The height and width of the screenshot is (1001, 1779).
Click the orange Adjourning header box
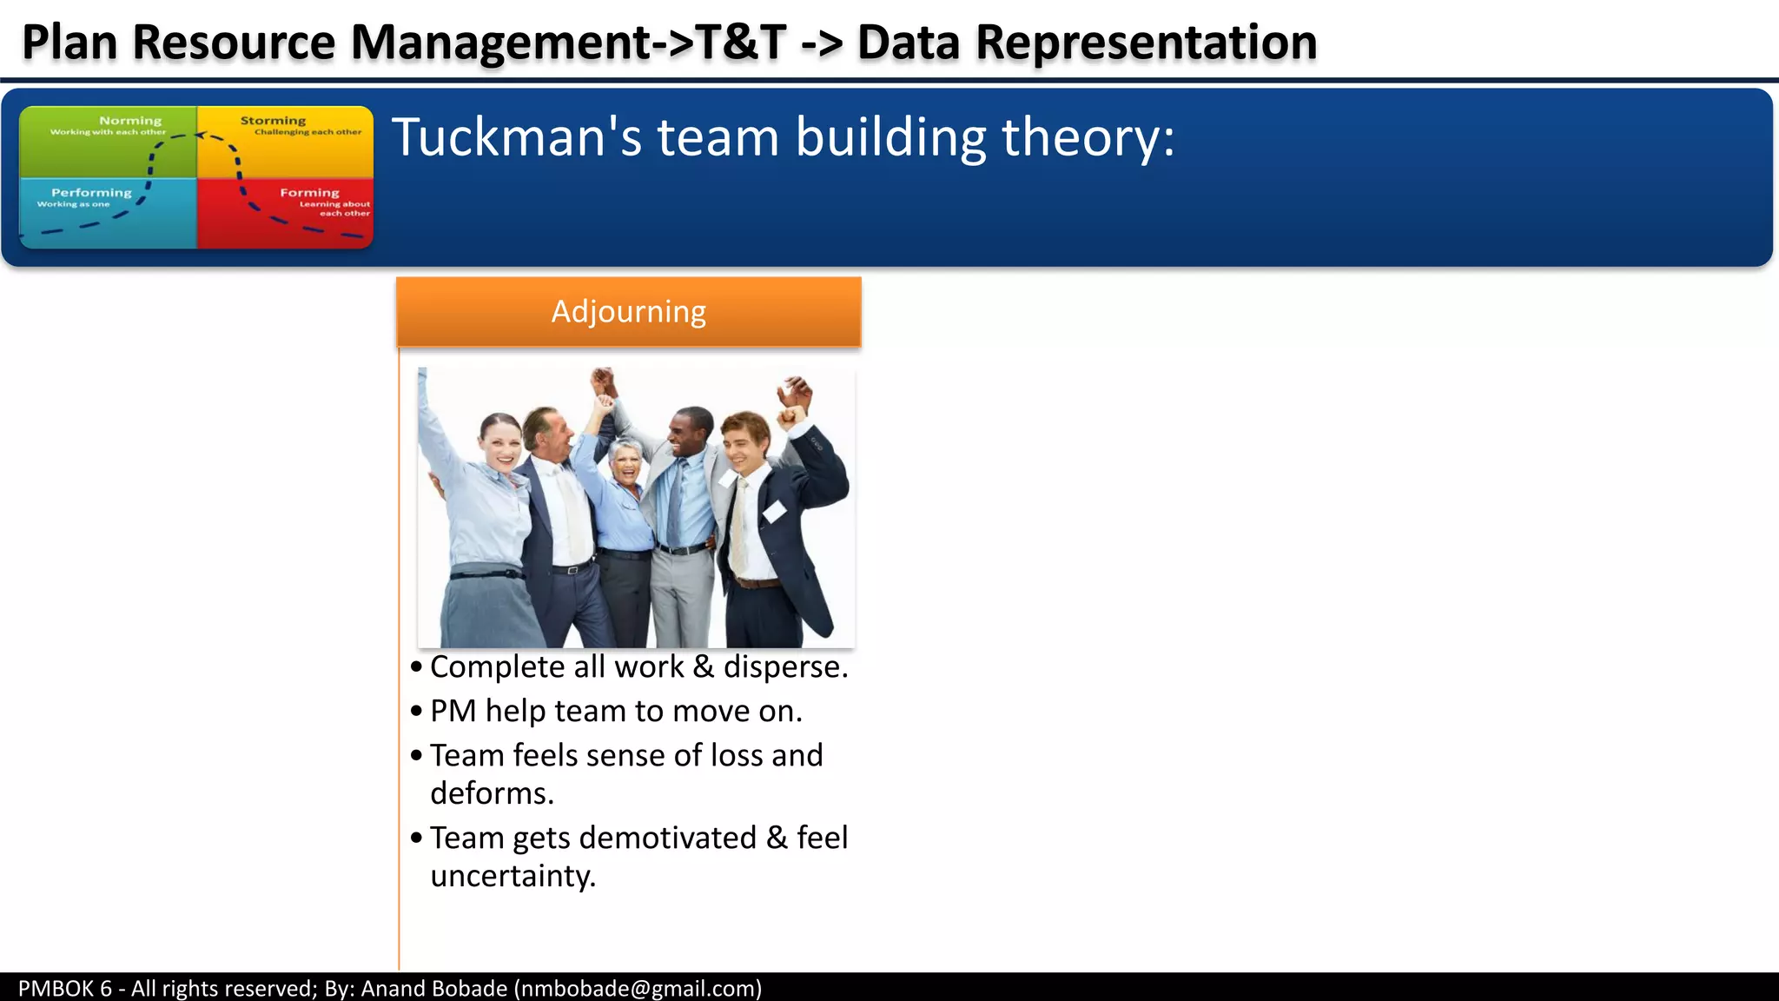(x=628, y=312)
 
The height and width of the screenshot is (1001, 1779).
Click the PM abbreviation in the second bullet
(x=453, y=711)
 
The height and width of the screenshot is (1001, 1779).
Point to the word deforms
(x=492, y=793)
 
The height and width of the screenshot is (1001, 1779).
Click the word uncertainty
(x=513, y=876)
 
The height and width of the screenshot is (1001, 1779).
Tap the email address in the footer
(x=638, y=988)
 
